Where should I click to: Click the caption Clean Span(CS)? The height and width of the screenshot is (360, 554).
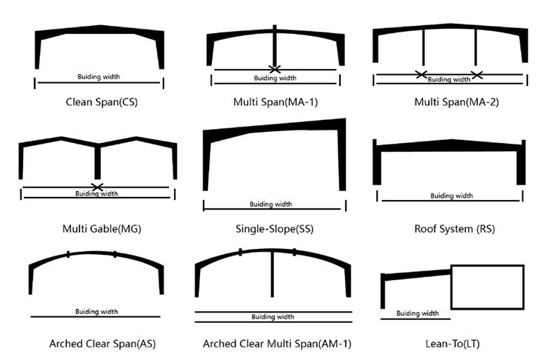click(x=101, y=102)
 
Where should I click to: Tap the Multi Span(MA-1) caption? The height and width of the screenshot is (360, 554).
click(x=276, y=102)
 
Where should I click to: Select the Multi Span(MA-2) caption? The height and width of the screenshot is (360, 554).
click(x=456, y=102)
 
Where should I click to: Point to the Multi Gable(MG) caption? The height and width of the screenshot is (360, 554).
click(x=101, y=229)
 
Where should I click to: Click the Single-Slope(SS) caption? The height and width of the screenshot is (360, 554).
click(x=275, y=229)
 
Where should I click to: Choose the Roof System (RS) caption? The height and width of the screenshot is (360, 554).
click(x=454, y=229)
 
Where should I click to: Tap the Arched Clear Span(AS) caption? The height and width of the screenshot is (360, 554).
click(x=102, y=344)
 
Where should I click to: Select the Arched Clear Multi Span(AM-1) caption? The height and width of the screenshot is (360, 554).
click(x=277, y=344)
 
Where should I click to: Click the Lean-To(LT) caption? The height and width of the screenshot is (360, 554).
click(x=453, y=344)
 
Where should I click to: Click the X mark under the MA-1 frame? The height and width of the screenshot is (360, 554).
click(x=275, y=69)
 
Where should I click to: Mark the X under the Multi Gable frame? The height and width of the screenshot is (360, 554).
click(x=97, y=187)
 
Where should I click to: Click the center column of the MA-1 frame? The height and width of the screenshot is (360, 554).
click(x=275, y=46)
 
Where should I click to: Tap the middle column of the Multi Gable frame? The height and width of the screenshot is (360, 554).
click(x=98, y=162)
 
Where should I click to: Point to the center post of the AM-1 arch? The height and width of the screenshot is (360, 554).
click(x=272, y=274)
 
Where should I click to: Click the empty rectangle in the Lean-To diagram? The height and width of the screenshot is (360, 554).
click(x=487, y=266)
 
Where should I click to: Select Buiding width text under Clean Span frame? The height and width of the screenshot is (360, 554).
click(x=99, y=76)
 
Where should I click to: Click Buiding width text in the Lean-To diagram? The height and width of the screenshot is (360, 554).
click(x=418, y=313)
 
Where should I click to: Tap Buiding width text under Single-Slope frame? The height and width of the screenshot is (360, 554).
click(x=271, y=204)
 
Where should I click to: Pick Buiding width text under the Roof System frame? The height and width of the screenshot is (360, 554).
click(x=452, y=196)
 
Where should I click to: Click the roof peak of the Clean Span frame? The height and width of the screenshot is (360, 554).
click(x=100, y=26)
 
